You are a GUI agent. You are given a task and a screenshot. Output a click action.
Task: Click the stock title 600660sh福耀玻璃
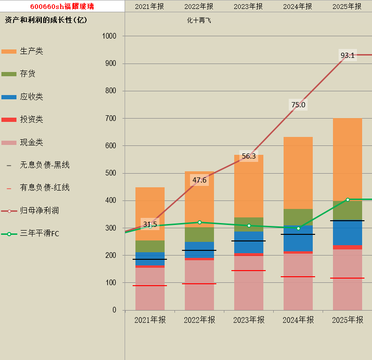click(x=62, y=6)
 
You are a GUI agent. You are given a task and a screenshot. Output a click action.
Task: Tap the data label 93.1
click(x=348, y=56)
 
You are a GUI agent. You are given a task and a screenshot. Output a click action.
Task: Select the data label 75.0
click(x=298, y=104)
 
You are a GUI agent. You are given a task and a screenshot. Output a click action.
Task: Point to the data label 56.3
click(x=248, y=156)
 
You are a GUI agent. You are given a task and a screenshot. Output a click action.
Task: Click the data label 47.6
click(x=199, y=180)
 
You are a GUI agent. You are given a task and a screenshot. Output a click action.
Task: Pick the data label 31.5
click(x=150, y=224)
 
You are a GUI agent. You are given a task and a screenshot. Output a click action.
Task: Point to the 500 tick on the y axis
click(x=111, y=173)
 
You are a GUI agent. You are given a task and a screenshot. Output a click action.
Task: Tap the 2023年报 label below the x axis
click(x=249, y=320)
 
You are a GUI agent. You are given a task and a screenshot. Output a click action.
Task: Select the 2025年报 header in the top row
click(x=347, y=6)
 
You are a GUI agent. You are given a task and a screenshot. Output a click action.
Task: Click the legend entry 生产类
click(x=32, y=51)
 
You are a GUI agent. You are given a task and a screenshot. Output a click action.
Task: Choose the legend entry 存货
click(x=28, y=74)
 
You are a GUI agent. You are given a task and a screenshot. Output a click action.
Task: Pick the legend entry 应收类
click(x=32, y=96)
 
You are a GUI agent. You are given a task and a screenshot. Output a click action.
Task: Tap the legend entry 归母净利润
click(x=40, y=210)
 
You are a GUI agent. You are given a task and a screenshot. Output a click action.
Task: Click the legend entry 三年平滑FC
click(x=40, y=233)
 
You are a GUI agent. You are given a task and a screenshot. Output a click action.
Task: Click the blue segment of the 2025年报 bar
click(x=348, y=233)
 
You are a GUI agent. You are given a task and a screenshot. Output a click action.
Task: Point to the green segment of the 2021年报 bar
click(x=150, y=246)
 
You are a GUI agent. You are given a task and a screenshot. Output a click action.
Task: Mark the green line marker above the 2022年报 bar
click(x=199, y=222)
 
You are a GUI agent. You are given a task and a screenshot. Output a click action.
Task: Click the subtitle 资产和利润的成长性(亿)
click(x=46, y=20)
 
